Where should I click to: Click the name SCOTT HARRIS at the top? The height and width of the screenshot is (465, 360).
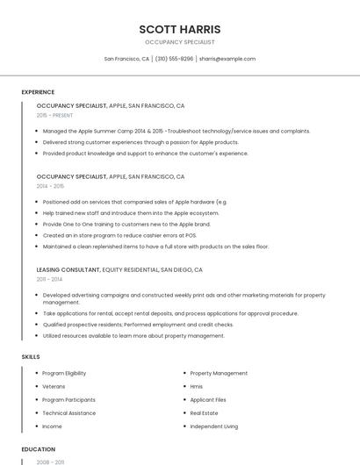180,28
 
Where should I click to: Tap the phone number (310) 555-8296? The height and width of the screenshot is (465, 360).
175,59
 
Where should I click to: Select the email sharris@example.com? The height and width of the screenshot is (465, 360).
227,59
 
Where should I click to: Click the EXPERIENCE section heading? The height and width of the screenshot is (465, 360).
38,92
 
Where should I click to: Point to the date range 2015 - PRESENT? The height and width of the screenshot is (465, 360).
54,115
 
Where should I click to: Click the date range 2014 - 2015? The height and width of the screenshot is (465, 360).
50,186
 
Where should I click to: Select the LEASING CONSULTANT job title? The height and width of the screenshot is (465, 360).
68,270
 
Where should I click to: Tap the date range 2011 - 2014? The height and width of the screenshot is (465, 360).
50,280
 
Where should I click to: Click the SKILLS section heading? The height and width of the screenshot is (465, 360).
30,357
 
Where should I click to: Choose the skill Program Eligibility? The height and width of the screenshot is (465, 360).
64,374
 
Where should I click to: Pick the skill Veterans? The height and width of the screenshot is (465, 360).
54,387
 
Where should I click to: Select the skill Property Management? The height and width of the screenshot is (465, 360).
219,374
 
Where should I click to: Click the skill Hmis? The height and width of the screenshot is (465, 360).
197,387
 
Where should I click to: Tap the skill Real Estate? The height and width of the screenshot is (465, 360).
204,413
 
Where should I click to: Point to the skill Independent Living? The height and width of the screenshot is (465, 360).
213,426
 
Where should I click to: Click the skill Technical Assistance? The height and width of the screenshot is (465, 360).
68,413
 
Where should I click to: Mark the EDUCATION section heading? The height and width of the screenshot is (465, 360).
38,449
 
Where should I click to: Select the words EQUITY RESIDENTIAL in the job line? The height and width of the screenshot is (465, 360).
130,270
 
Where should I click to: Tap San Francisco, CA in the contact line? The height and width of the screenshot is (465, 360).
126,59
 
